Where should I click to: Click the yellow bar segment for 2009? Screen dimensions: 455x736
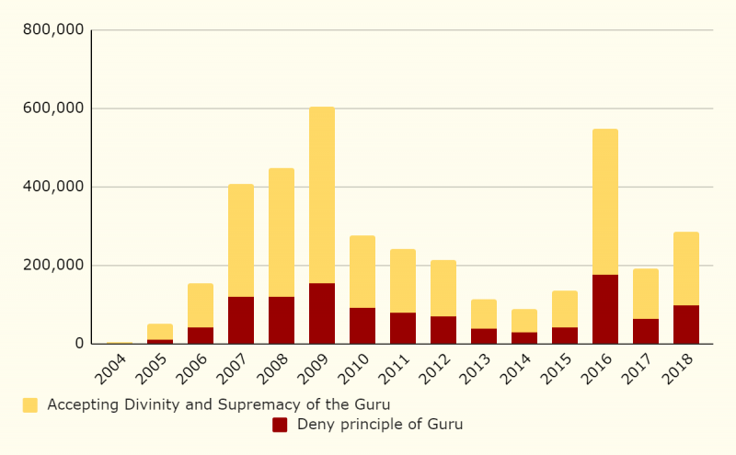tap(322, 195)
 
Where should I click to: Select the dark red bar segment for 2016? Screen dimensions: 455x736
tap(605, 309)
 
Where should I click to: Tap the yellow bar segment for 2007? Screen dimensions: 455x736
tap(241, 240)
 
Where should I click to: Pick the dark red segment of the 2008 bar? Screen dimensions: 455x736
tap(282, 320)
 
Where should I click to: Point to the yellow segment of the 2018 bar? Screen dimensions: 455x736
tap(686, 268)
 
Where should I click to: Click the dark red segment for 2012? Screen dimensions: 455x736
tap(443, 330)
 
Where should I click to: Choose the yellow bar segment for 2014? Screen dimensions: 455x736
tap(524, 321)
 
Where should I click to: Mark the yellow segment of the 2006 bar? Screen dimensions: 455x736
tap(201, 305)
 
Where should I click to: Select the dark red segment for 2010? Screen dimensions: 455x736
tap(362, 325)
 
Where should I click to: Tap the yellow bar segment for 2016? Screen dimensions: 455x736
tap(605, 201)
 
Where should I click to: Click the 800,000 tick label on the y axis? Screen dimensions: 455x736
tap(53, 29)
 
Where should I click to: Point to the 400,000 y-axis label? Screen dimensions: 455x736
tap(53, 187)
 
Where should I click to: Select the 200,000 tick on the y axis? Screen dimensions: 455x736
tap(53, 266)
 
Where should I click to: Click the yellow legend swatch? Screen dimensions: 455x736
tap(30, 404)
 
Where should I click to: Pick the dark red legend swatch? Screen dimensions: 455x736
tap(280, 425)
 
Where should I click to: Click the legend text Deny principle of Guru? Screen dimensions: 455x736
tap(380, 425)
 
